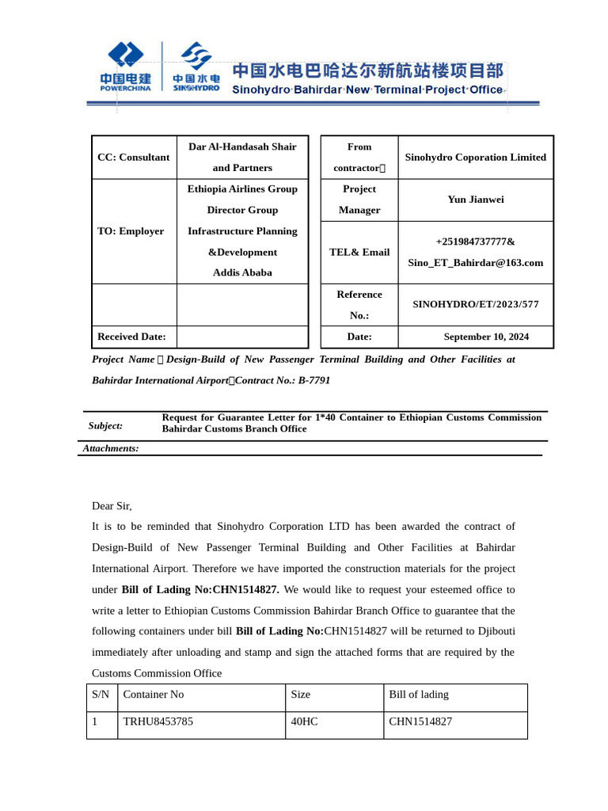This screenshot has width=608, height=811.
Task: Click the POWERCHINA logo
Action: [x=126, y=67]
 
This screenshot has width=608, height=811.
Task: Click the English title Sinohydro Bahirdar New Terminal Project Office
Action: [x=367, y=89]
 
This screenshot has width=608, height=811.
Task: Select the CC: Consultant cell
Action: [x=133, y=157]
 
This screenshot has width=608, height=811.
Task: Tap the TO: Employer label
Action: [x=131, y=231]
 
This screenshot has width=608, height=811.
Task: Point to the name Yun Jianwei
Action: [x=475, y=200]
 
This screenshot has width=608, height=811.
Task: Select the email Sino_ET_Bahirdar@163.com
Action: [x=475, y=263]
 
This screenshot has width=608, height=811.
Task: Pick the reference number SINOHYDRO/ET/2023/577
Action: [x=475, y=304]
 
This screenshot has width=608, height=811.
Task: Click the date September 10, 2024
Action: [x=486, y=337]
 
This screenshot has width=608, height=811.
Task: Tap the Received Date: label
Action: [x=131, y=337]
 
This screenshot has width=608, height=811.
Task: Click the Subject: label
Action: [x=105, y=426]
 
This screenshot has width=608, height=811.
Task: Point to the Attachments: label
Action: [x=111, y=448]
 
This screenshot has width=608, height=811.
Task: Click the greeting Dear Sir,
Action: [x=112, y=506]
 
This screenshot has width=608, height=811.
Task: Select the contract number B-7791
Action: [x=314, y=380]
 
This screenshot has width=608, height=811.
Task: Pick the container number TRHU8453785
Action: [x=158, y=722]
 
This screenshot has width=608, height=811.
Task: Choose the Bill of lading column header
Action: [x=419, y=695]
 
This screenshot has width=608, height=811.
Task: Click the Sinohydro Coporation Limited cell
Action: [x=475, y=158]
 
